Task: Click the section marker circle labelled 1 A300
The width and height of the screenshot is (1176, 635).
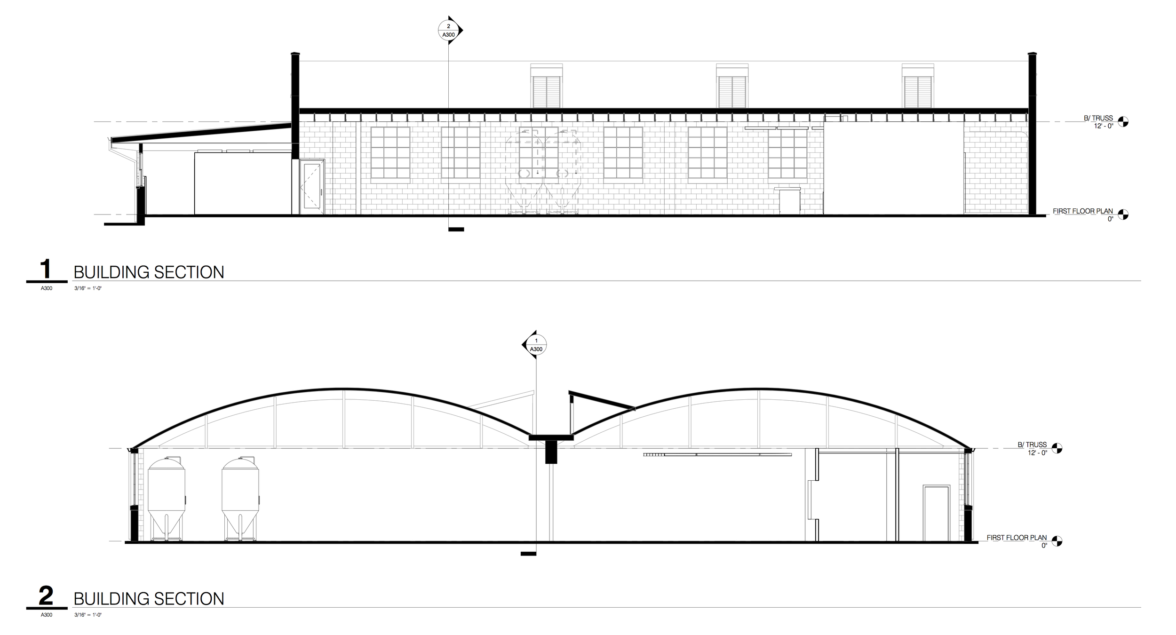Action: pyautogui.click(x=536, y=345)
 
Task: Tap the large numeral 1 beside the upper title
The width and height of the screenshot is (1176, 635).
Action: pyautogui.click(x=46, y=270)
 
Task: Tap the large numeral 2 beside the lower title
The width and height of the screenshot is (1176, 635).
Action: pyautogui.click(x=46, y=596)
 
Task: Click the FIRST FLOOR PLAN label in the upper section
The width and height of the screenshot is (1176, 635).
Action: pyautogui.click(x=1082, y=211)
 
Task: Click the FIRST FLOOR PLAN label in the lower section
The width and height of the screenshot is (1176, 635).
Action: pyautogui.click(x=1017, y=537)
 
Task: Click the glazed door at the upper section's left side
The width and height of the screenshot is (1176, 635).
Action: pyautogui.click(x=312, y=187)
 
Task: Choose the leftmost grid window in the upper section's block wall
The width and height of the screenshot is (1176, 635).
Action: pyautogui.click(x=390, y=155)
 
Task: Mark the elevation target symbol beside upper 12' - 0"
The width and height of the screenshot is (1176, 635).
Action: pyautogui.click(x=1123, y=121)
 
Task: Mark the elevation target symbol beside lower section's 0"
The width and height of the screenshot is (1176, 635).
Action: pyautogui.click(x=1057, y=541)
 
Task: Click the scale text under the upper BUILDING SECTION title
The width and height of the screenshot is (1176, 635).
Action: pyautogui.click(x=88, y=288)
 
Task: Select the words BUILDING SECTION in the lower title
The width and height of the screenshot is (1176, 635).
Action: pyautogui.click(x=149, y=599)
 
